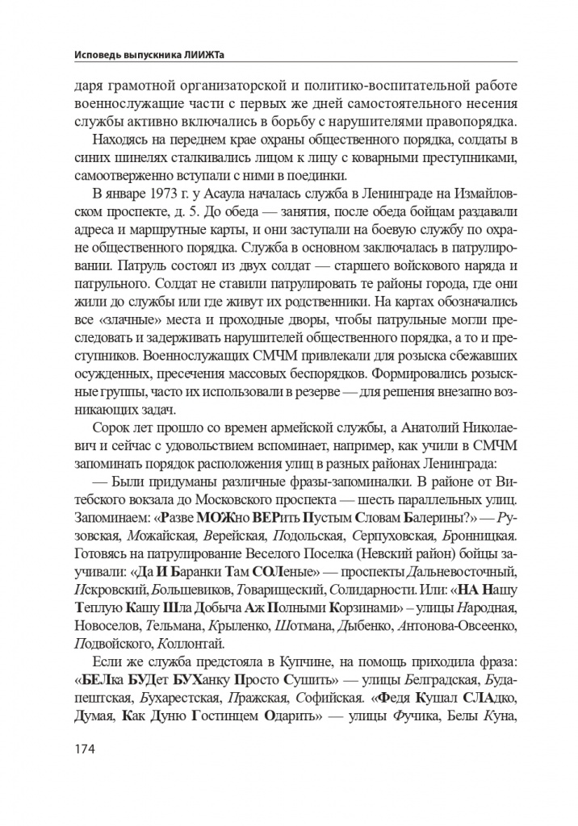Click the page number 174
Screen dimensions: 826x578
83,749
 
